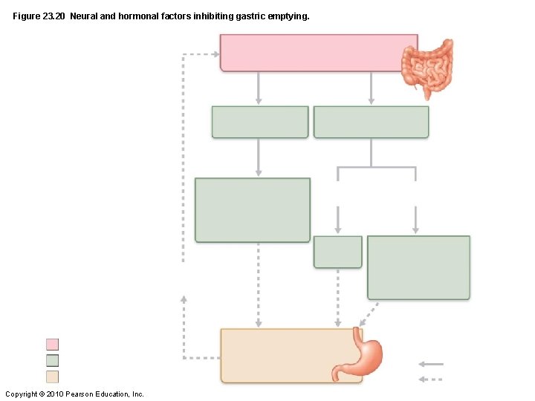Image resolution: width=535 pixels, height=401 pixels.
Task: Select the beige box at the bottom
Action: [282, 355]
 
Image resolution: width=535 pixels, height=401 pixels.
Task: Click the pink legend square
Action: [52, 345]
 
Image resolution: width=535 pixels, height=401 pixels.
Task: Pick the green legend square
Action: [52, 360]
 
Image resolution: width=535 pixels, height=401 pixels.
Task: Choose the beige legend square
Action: [52, 376]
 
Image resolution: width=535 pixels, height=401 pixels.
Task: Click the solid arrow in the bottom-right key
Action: [431, 364]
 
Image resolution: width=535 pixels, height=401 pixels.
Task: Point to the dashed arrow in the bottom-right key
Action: [431, 379]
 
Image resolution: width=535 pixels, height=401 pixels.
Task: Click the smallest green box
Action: [337, 252]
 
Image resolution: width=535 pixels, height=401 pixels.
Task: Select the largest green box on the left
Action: [253, 209]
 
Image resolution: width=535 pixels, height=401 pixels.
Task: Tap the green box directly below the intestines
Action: [371, 122]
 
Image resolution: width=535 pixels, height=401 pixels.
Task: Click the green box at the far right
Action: [418, 267]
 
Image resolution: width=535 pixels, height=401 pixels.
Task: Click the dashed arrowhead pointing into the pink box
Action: [215, 54]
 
